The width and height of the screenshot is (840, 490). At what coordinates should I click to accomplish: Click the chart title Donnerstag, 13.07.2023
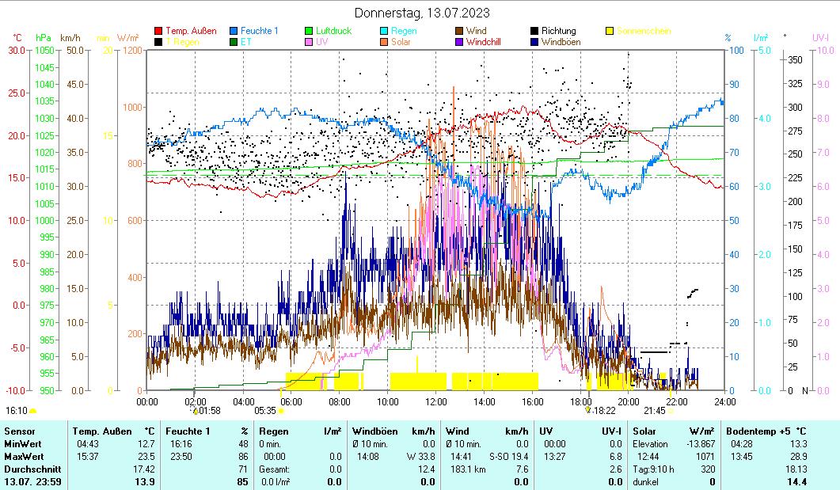[421, 13]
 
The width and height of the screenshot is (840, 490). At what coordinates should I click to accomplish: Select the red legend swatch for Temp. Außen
[158, 31]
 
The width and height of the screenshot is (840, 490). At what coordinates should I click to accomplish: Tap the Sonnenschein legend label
[644, 31]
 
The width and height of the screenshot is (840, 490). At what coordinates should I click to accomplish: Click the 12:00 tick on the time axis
[436, 401]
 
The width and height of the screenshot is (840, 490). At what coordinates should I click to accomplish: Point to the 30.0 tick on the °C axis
[17, 51]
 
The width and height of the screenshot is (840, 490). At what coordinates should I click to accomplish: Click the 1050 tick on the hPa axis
[45, 51]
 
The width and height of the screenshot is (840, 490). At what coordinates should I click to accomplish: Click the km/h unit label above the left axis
[70, 37]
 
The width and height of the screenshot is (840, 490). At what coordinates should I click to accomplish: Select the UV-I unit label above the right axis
[820, 37]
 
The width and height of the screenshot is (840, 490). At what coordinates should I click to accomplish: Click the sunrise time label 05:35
[265, 411]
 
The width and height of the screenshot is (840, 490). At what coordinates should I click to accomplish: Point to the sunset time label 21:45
[655, 411]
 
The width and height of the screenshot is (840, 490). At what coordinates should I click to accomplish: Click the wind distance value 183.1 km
[463, 469]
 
